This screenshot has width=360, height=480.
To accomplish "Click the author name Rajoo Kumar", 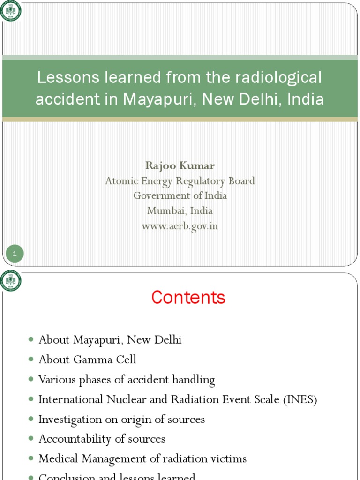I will point(180,165).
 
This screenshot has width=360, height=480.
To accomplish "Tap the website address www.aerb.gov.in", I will point(180,226).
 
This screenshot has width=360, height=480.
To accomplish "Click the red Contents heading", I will point(188,298).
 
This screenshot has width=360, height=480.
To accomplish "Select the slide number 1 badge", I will point(15,254).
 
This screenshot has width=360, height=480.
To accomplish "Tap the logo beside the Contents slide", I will point(10,281).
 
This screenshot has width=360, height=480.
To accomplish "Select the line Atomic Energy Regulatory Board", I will point(180,181).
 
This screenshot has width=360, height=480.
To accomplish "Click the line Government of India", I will point(180,196).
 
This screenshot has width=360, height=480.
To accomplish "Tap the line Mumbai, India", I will point(180,211).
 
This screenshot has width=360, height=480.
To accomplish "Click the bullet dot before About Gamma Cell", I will point(31,360).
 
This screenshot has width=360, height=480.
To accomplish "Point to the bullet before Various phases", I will point(31,379).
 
